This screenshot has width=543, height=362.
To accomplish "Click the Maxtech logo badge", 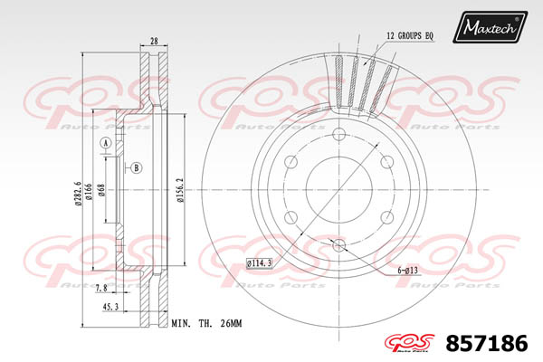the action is (490, 26).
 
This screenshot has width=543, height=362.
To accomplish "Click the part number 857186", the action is (487, 344).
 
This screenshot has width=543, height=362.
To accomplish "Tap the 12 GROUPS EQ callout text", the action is (410, 35).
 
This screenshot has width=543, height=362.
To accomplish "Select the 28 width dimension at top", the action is (154, 41).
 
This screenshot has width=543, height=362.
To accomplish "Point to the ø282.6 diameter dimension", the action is (78, 194).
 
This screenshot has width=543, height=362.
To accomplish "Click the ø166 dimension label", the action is (88, 192).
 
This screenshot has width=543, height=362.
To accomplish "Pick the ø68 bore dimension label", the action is (101, 190).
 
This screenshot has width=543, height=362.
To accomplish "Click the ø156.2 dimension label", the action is (179, 190).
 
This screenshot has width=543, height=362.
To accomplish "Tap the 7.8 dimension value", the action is (100, 288).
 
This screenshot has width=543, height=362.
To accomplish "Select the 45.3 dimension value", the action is (110, 307).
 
